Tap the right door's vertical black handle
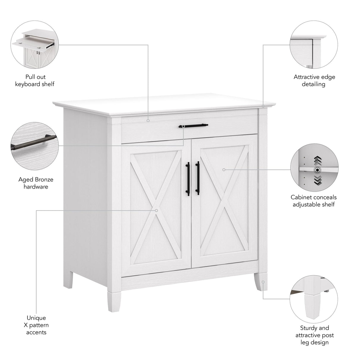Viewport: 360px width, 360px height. tap(197, 178)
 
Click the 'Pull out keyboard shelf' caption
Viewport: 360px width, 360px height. tap(35, 81)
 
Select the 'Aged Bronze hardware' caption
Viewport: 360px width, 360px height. tap(36, 183)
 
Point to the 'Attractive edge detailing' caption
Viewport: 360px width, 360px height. tap(314, 81)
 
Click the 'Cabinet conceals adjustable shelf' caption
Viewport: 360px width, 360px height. tap(313, 201)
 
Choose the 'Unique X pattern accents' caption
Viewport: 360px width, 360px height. tap(36, 325)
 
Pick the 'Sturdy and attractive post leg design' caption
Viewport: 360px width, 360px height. tap(314, 335)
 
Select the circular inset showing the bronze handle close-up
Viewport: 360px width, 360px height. tap(35, 146)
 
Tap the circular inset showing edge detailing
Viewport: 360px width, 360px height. tap(314, 44)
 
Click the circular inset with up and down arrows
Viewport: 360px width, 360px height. tap(314, 168)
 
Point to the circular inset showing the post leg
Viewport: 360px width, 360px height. tap(314, 299)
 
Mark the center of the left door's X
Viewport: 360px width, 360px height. tap(156, 210)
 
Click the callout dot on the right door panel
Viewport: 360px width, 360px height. tap(224, 170)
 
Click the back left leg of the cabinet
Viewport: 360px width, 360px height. tap(68, 279)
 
